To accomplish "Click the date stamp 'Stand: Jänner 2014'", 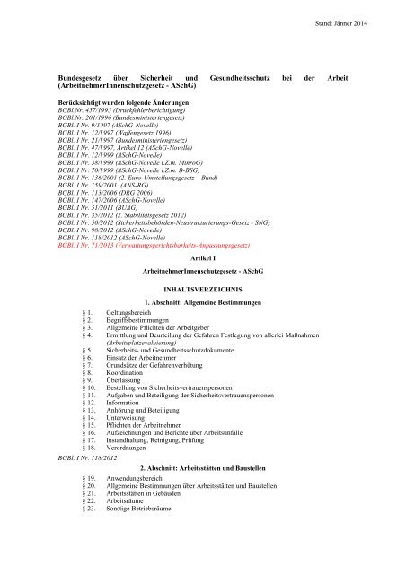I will [360, 17].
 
